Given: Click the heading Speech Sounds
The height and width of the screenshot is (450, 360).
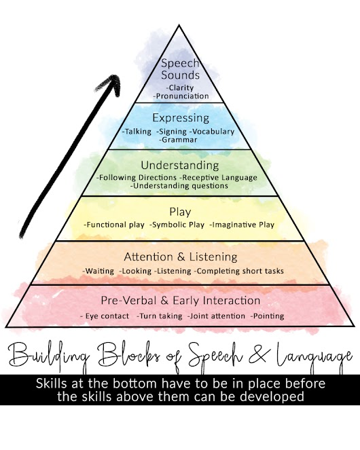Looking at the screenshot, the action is click(x=180, y=69).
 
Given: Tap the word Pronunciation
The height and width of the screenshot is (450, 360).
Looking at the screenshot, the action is click(x=182, y=96).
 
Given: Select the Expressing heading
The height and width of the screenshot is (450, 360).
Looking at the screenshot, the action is click(x=181, y=118).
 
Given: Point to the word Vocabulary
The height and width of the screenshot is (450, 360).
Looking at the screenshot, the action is click(x=213, y=132).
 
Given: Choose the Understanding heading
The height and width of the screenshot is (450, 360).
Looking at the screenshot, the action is click(x=180, y=166).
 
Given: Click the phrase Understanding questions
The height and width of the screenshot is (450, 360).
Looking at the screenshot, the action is click(x=181, y=186).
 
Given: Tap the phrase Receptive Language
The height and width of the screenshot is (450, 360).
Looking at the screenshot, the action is click(x=220, y=178).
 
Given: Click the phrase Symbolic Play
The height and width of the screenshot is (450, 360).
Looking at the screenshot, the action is click(x=178, y=225).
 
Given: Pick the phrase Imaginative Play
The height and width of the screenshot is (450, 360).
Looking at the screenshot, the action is click(x=243, y=225).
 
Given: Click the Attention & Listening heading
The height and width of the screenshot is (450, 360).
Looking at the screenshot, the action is click(x=181, y=257).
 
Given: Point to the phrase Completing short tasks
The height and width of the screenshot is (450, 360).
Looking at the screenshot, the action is click(x=240, y=271).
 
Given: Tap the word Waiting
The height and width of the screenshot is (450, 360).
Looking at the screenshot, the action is click(x=99, y=271).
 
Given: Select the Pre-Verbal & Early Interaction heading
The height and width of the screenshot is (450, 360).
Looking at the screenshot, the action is click(x=181, y=301).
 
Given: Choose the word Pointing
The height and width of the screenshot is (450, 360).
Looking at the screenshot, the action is click(x=268, y=316).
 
